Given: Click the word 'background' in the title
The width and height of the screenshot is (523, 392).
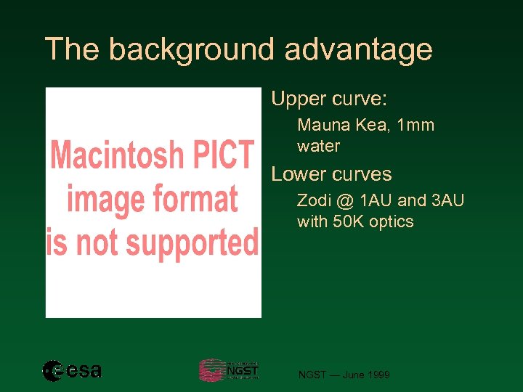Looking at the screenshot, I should tap(192, 50).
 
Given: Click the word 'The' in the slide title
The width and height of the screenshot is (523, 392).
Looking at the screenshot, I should tap(72, 50).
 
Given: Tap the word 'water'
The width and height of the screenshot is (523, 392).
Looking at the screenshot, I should tap(318, 146).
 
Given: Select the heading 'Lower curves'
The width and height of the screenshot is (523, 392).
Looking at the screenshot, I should tap(331, 174).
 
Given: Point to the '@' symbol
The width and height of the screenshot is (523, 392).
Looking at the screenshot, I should tap(346, 201).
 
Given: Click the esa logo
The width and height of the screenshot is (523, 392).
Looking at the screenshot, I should tap(72, 371).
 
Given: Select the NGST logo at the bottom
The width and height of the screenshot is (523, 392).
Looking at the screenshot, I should tap(229, 370).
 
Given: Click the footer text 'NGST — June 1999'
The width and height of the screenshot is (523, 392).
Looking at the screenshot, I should tap(344, 375).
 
